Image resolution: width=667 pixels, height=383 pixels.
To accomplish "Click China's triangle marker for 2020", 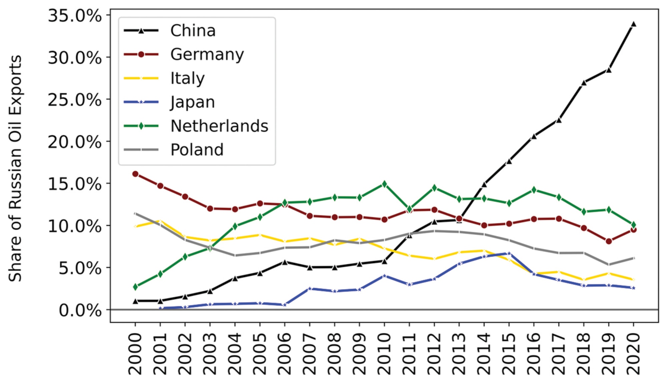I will [633, 24].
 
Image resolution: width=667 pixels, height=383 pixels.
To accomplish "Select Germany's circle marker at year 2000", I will [135, 174].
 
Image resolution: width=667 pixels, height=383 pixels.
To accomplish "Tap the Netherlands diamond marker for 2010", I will [384, 184].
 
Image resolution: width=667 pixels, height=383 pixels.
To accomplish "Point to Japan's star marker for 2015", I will [509, 254].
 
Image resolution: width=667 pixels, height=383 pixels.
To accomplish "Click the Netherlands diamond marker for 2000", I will [135, 287].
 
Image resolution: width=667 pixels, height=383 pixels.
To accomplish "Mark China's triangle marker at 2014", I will [484, 184].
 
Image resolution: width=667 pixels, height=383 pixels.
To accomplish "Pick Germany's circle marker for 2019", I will [609, 241].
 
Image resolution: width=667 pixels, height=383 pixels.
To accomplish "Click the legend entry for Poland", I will [197, 150].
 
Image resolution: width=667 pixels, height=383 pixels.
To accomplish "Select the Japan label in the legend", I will [192, 102].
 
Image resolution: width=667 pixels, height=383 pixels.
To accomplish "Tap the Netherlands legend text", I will [219, 126].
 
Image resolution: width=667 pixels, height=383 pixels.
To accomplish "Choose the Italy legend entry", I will [187, 78].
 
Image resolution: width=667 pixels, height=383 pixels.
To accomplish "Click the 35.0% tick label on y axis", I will [75, 16].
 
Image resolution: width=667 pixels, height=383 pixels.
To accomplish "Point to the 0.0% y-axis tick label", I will [80, 310].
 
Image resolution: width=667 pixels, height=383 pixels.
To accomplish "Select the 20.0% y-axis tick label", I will [75, 142].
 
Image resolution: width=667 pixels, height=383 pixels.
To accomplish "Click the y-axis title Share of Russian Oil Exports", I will [15, 168].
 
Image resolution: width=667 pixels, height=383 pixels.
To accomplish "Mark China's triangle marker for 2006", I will [284, 262].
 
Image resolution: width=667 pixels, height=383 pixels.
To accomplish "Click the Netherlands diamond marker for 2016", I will [534, 190].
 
